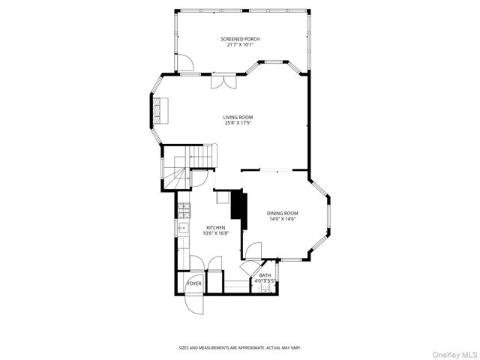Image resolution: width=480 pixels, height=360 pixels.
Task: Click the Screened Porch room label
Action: point(240,38)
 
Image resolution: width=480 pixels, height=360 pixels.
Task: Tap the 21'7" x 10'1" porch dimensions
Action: point(240,44)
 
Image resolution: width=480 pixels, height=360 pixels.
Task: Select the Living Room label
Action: point(238,117)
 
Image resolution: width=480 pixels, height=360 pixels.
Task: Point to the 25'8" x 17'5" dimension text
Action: point(238,123)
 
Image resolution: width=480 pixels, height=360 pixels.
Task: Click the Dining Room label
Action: point(283,213)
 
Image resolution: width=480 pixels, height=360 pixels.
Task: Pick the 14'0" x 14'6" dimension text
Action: point(283,219)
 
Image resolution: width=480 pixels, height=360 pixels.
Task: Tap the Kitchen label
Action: point(216,227)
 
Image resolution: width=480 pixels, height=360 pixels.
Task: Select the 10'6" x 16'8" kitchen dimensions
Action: point(216,233)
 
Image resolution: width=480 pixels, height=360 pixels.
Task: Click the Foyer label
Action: point(194,283)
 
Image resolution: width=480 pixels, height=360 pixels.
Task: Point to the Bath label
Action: point(265,275)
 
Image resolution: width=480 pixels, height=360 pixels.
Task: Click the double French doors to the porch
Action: point(223,81)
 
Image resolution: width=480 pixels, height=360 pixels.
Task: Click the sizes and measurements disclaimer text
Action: point(239,347)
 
